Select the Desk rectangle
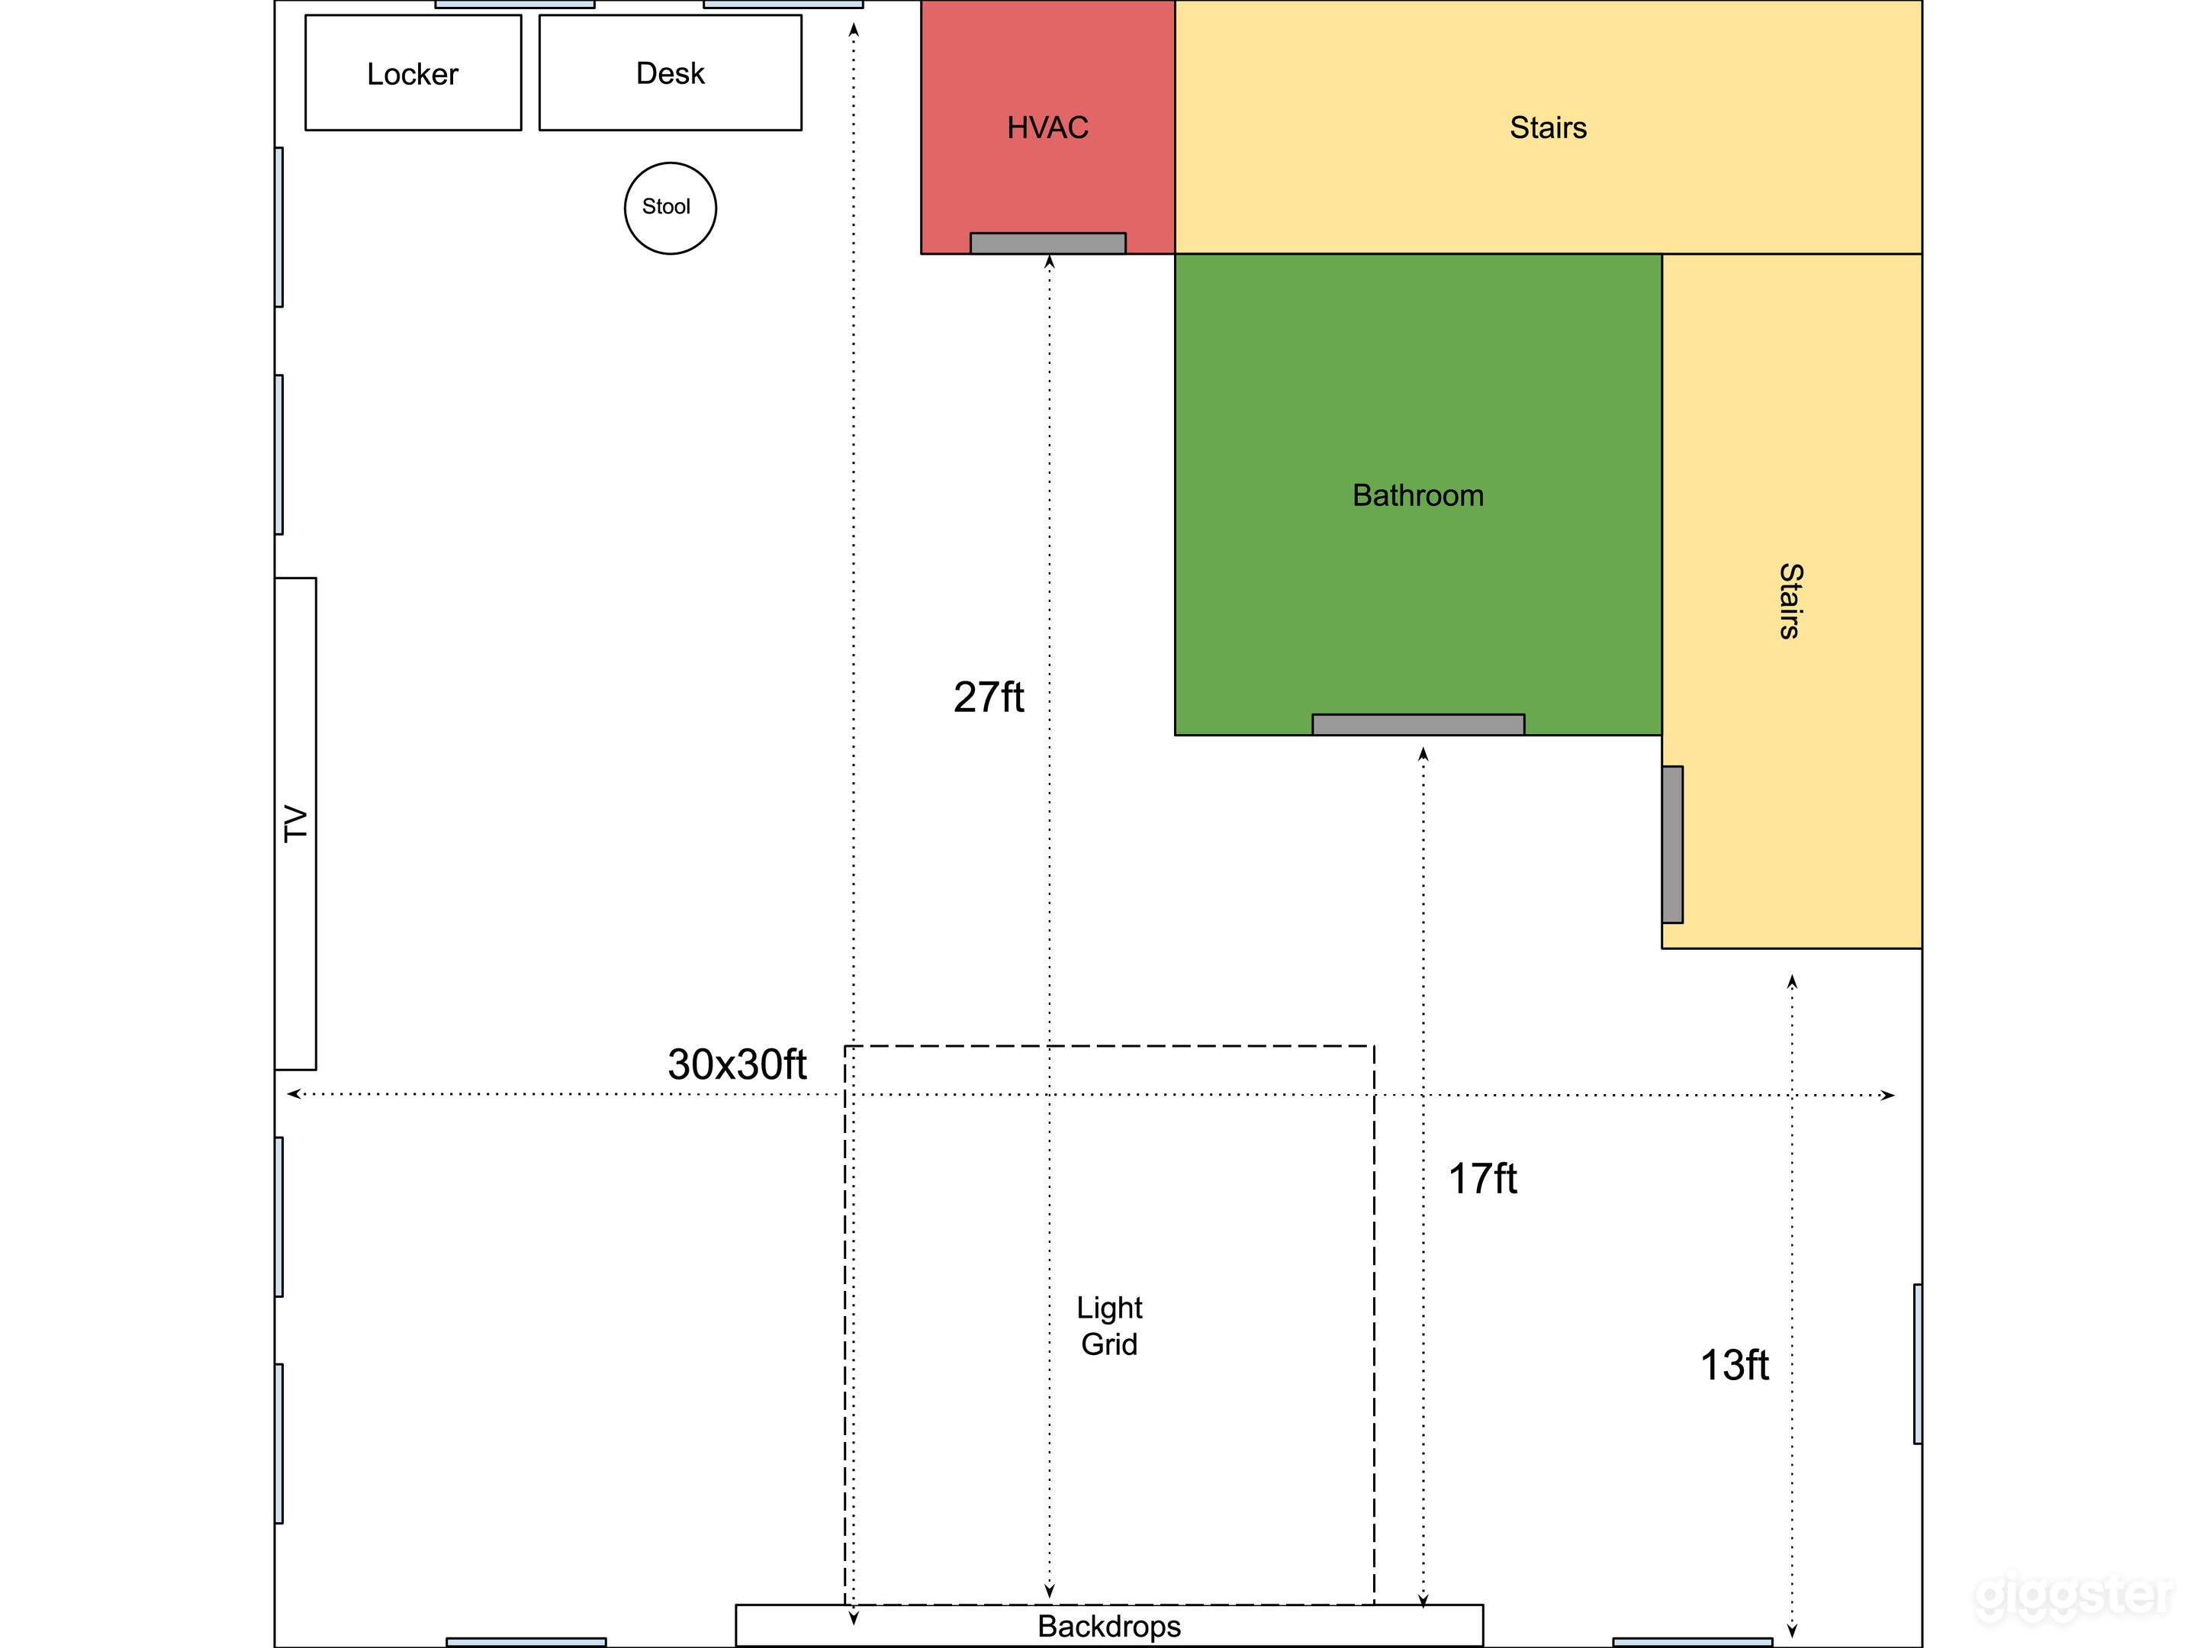(670, 72)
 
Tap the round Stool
(670, 208)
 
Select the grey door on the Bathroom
(1417, 724)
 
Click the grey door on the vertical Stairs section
(1673, 845)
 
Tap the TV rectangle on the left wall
(295, 823)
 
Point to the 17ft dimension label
(1482, 1179)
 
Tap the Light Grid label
(1109, 1325)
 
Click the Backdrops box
(1108, 1626)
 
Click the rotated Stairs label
(1790, 601)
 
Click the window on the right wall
(1917, 1364)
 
